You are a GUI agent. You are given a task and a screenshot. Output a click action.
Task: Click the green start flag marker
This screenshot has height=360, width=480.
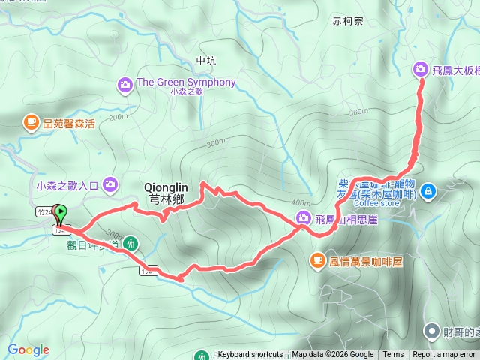[59, 214]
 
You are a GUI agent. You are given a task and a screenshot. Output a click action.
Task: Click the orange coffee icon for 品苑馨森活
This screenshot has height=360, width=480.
[31, 121]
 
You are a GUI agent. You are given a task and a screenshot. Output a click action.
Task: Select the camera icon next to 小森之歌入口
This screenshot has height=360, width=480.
[111, 183]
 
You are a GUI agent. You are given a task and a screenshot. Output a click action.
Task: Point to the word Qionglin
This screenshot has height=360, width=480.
[166, 187]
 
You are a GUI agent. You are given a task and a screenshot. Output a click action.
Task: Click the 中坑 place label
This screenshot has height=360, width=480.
[205, 60]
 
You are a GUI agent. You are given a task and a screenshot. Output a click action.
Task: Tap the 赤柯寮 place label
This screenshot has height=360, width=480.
[347, 22]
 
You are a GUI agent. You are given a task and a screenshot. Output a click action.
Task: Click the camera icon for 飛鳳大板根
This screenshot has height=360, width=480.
[420, 70]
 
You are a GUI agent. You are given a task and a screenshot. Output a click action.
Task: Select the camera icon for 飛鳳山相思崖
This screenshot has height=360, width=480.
[302, 218]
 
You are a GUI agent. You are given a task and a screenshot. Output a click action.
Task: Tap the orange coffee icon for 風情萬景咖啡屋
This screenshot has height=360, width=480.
[316, 260]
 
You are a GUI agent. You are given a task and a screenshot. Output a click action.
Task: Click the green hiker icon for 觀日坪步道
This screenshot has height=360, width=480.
[131, 243]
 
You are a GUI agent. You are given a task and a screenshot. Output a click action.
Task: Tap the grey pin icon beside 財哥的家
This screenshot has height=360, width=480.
[432, 331]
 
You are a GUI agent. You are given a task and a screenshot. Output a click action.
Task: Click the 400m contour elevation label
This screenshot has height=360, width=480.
[302, 202]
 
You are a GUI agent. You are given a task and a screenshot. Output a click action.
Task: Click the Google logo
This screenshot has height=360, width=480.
[28, 349]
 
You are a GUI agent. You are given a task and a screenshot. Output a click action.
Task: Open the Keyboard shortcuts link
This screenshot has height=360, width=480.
[250, 355]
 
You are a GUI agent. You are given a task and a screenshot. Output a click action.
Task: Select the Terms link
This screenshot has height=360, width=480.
[393, 355]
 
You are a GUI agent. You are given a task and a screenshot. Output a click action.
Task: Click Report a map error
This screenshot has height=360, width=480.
[444, 355]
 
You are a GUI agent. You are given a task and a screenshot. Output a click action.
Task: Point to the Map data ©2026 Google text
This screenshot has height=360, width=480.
[333, 355]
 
